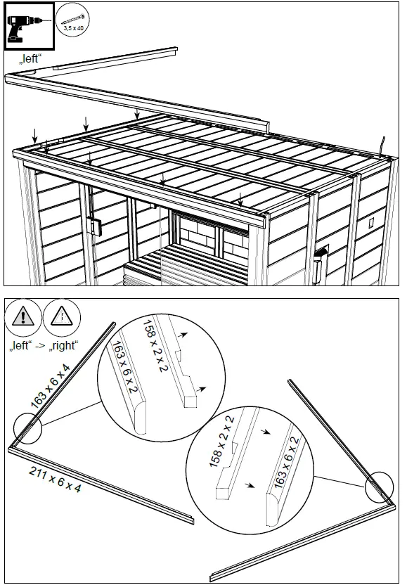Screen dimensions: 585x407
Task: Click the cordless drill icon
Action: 29,27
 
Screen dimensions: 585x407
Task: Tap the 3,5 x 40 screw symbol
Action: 72,21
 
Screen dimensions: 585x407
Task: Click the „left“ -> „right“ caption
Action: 44,347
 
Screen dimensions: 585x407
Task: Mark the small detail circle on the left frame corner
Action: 27,430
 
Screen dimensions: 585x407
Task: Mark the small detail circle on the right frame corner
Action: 379,485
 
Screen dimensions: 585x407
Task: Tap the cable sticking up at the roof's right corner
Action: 383,145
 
